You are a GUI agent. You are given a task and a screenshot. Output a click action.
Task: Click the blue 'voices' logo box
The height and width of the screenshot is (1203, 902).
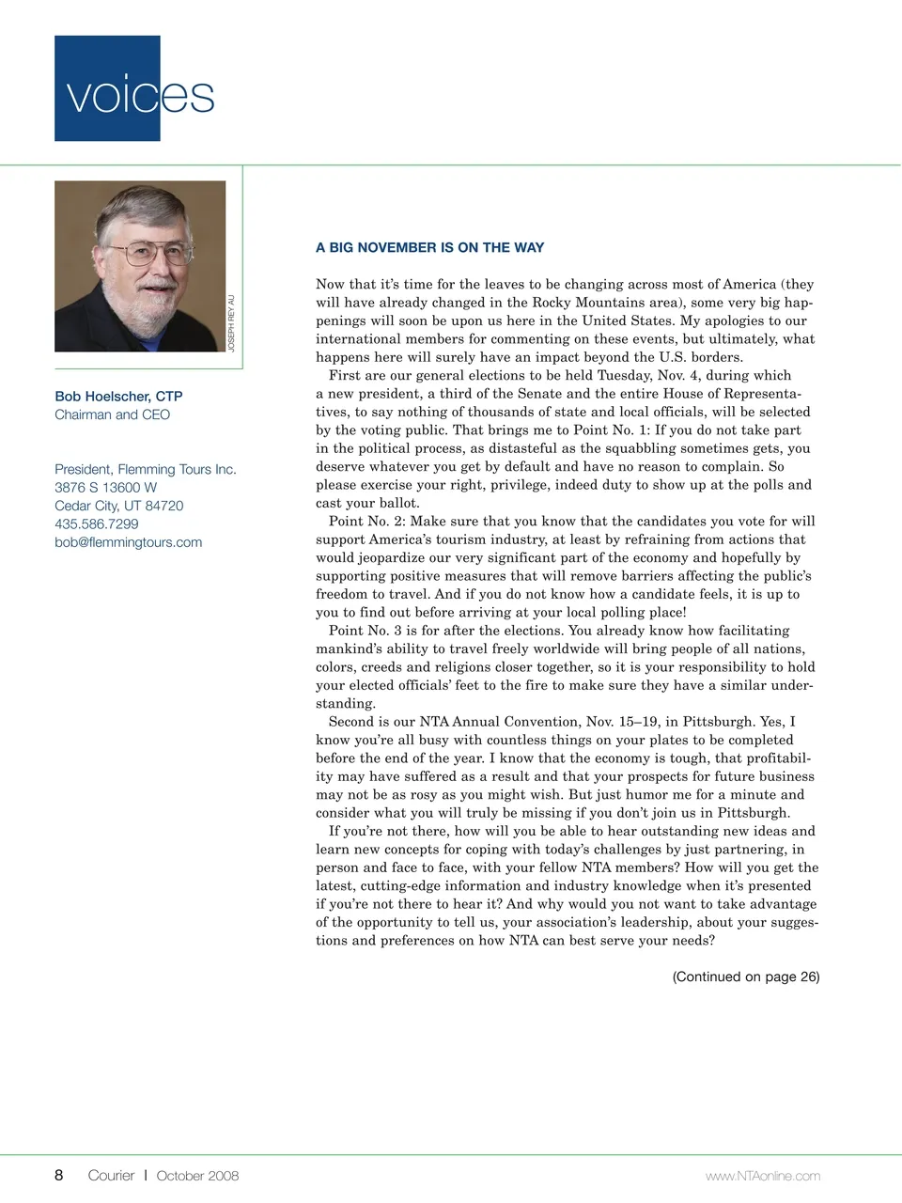coord(107,88)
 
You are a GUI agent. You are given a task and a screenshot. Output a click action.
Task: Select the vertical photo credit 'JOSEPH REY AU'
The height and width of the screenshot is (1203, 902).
coord(231,323)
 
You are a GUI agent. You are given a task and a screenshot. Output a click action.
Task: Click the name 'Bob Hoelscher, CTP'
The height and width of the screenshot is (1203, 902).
coord(118,397)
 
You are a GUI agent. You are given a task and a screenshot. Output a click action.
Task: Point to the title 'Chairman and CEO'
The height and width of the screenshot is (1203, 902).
coord(112,414)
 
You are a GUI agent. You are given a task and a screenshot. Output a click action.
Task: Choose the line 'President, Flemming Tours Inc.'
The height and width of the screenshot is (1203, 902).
coord(145,469)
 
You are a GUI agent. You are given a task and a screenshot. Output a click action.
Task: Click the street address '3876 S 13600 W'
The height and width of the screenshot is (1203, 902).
coord(105,487)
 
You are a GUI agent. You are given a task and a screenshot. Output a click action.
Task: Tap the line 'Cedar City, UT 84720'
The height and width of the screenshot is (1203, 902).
coord(118,506)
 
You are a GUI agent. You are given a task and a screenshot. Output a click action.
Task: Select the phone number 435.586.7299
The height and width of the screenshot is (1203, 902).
coord(96,523)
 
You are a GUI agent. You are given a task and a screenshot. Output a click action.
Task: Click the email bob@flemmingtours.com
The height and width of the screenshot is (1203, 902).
coord(128,542)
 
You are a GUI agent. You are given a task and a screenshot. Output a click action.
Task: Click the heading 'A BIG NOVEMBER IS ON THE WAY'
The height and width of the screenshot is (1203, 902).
coord(429,248)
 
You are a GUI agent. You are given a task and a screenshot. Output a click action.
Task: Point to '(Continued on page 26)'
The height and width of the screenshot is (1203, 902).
coord(745,976)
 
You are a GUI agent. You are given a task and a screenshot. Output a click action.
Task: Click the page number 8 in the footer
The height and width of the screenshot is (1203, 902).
coord(59,1175)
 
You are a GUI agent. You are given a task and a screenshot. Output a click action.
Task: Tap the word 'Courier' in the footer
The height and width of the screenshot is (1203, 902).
coord(111,1175)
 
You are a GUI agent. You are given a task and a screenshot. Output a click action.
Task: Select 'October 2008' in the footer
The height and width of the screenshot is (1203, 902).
coord(197,1175)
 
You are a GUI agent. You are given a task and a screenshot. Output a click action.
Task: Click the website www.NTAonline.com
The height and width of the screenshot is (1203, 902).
coord(762,1176)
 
